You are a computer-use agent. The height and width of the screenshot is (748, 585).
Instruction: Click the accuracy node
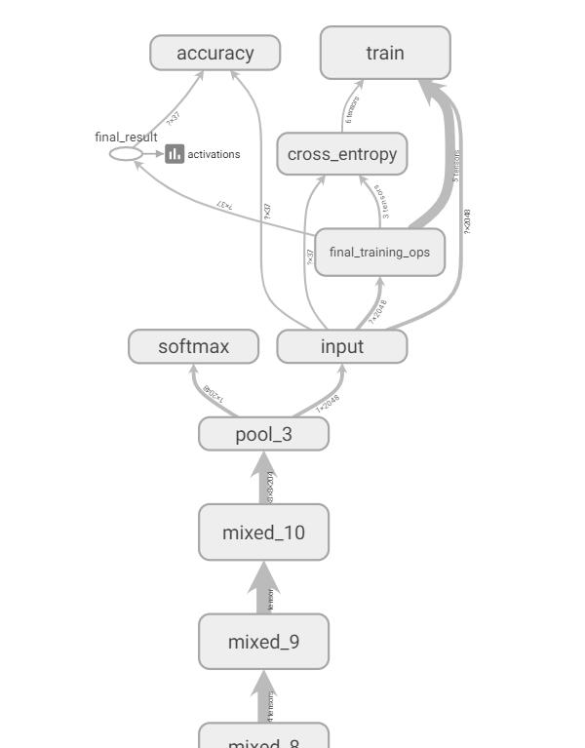coord(214,54)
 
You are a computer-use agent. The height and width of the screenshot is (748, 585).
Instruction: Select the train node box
coord(385,53)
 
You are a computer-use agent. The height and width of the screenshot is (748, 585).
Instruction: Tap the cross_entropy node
coord(341,154)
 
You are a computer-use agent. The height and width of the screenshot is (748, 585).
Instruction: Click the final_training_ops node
coord(379,253)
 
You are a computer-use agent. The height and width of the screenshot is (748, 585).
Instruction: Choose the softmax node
coord(193,346)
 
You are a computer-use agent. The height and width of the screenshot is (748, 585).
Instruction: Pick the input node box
coord(341,346)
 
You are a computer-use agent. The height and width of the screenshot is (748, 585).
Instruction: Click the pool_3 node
coord(263,434)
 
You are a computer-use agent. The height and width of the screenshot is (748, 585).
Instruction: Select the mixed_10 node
coord(263,532)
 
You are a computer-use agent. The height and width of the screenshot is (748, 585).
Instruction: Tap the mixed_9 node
coord(263,642)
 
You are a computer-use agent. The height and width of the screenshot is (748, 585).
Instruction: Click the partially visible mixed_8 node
coord(263,738)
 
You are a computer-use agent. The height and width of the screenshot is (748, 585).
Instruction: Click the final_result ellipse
coord(126,154)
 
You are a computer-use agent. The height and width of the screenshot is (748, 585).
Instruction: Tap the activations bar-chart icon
coord(175,154)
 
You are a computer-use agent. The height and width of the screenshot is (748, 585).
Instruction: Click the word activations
coord(214,154)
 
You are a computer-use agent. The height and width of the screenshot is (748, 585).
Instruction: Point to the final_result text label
coord(126,138)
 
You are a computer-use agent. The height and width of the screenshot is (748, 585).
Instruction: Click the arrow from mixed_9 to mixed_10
coord(263,589)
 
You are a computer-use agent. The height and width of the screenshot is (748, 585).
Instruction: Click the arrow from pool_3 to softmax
coord(208,391)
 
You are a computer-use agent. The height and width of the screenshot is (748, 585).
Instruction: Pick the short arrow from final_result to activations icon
coord(153,154)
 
